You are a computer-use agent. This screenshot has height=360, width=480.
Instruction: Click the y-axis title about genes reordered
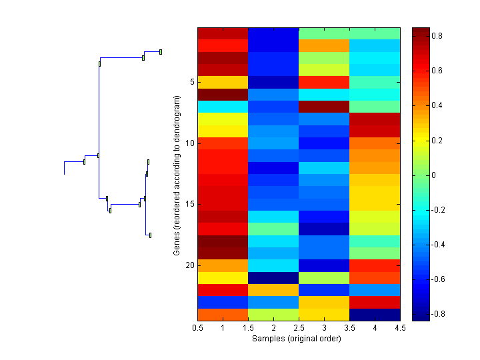177,175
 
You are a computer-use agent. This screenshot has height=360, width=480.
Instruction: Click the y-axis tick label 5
191,82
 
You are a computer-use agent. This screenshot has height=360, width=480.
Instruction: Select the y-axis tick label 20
189,265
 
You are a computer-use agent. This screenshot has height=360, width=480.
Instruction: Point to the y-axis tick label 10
189,143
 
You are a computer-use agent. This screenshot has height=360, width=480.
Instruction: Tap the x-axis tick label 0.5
197,328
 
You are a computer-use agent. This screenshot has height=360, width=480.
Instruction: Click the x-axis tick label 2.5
299,328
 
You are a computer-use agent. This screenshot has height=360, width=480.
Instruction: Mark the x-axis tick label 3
324,328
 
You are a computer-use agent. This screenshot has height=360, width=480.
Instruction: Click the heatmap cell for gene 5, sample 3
324,82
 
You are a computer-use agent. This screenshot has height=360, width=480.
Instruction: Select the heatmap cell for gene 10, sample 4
375,143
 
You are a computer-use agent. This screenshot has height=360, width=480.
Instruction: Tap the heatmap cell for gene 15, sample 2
273,204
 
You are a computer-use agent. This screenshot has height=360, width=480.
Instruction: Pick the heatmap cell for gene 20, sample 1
223,265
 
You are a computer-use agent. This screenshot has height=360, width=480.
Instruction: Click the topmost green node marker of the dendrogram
161,51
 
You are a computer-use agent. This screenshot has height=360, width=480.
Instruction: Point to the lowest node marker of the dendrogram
150,235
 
